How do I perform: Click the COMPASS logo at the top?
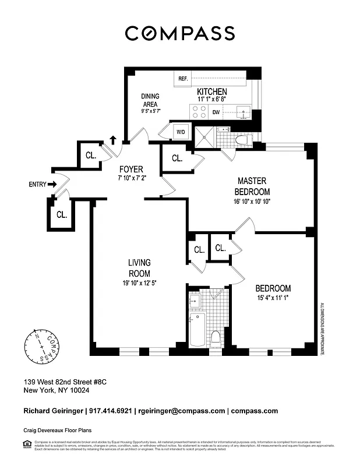(180, 33)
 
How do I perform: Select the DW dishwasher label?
(216, 112)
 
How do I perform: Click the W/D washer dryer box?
(181, 132)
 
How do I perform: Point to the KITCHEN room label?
(211, 92)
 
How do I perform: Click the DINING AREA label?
(150, 100)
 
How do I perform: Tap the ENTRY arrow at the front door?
(52, 185)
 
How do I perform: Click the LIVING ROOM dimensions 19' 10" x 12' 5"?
(139, 284)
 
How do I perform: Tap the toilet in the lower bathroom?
(216, 337)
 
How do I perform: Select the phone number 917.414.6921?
(110, 411)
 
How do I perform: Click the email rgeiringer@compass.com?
(179, 411)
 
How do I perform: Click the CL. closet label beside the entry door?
(62, 214)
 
